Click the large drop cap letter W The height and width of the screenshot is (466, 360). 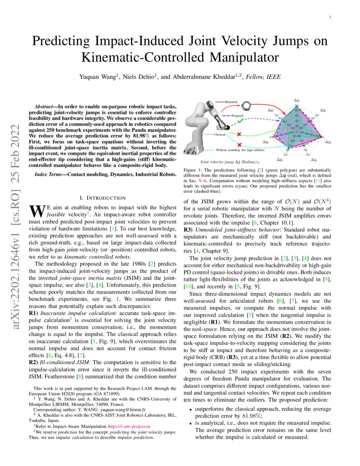click(36, 211)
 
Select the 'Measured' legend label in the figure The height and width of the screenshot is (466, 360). click(230, 102)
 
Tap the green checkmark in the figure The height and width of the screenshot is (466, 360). click(240, 121)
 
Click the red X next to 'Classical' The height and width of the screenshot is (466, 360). click(239, 134)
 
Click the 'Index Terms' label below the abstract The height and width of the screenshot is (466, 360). click(47, 174)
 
